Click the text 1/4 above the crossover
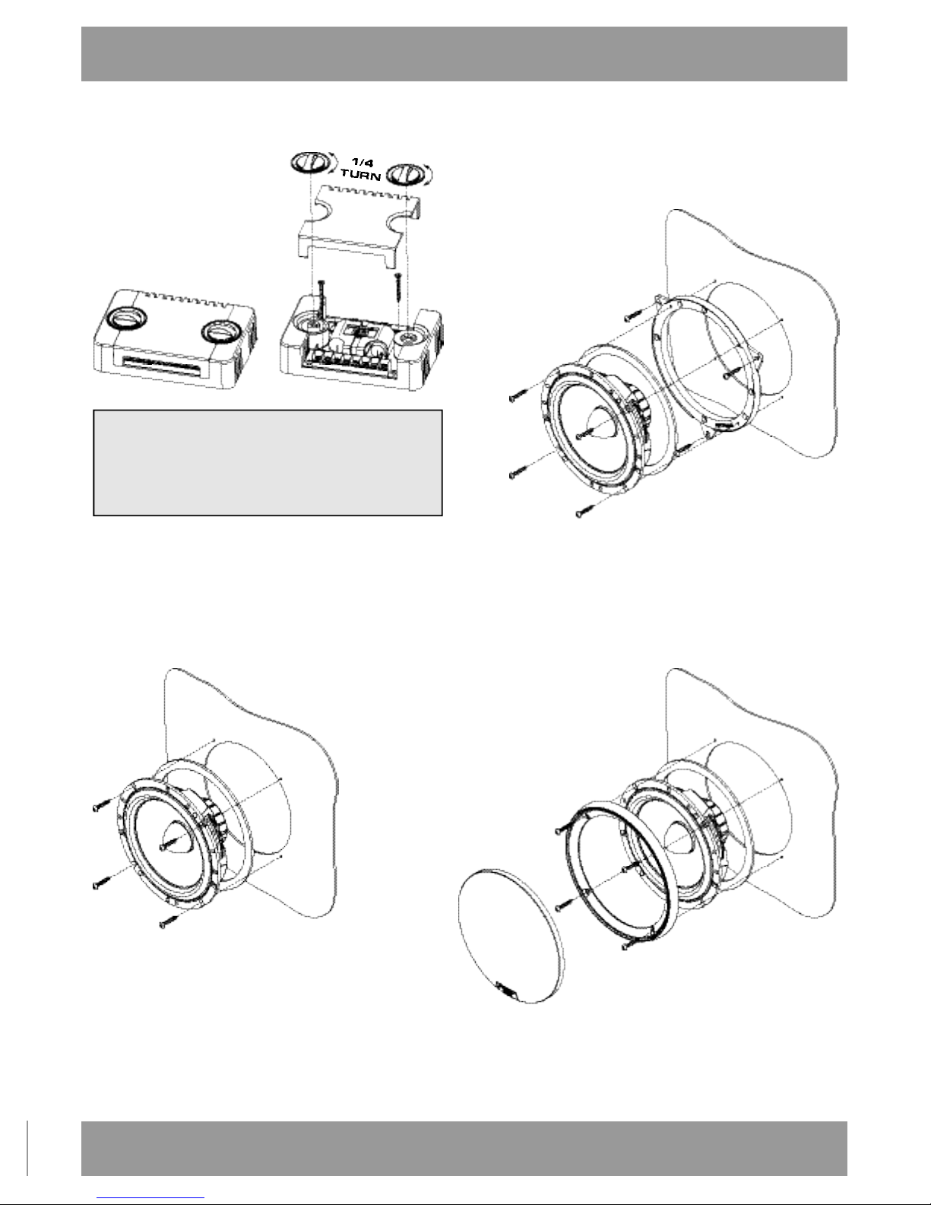pyautogui.click(x=363, y=163)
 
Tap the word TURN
pyautogui.click(x=361, y=175)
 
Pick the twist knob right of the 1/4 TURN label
pyautogui.click(x=409, y=175)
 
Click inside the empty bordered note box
pyautogui.click(x=268, y=463)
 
